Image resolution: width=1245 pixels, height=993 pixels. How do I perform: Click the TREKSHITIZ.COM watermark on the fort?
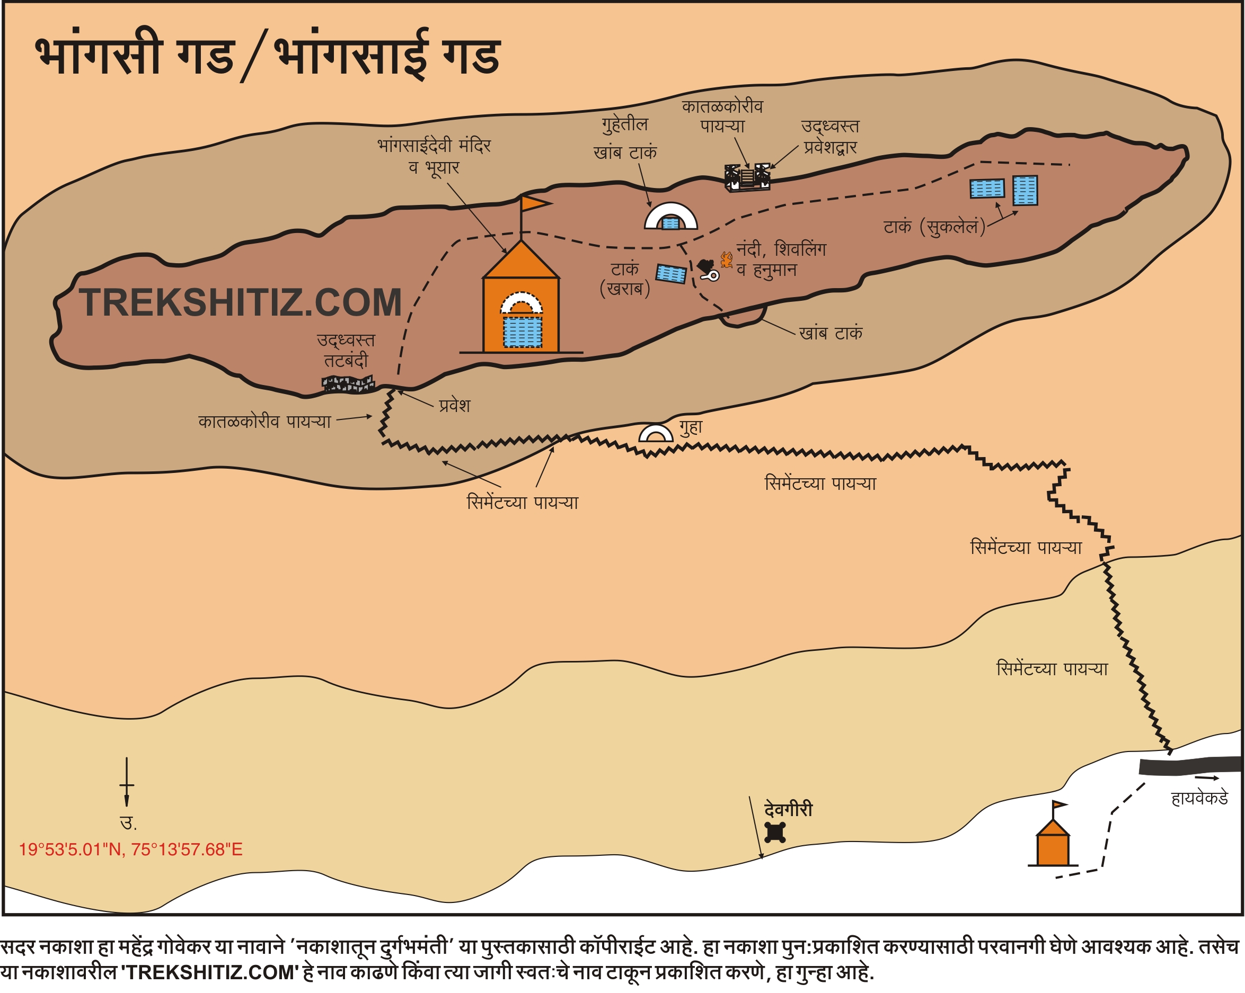240,303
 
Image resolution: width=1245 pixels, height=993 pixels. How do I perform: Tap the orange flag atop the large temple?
534,203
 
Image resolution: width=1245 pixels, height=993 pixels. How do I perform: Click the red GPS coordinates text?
130,849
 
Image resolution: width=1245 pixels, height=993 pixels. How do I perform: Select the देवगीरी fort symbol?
774,832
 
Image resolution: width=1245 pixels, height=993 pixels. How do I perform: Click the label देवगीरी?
788,810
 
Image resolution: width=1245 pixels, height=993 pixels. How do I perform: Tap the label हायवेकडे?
1199,799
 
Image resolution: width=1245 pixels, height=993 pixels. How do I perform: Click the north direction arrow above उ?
127,782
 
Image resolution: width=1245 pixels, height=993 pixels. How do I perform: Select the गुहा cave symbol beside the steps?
656,433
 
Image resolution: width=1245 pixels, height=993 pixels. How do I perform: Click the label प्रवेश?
454,406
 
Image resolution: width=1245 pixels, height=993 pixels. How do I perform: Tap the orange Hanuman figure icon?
727,260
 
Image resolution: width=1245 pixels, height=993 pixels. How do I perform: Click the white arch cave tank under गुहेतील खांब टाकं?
670,217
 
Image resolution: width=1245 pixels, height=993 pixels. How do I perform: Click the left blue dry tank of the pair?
987,189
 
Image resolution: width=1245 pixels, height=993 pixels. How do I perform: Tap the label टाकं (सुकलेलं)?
934,227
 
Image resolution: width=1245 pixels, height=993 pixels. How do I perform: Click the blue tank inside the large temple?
522,331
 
